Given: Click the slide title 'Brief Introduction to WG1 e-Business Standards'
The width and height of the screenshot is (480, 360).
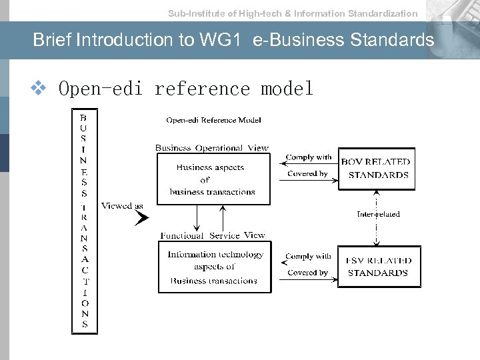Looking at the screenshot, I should pos(233,40).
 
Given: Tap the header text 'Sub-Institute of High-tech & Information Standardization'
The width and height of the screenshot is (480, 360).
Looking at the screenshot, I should pos(293,13).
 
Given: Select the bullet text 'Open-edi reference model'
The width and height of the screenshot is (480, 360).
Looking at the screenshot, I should pos(186,89).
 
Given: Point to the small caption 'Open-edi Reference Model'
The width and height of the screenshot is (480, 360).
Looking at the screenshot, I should pos(213,120).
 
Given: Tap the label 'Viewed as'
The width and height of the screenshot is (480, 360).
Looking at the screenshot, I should pos(122,206).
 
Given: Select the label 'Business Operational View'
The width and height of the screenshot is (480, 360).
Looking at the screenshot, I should pos(211,148).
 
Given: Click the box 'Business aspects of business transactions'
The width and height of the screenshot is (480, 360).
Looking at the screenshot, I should pos(214,179).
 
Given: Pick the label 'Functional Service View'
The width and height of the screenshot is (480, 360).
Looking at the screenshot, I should pos(212,235).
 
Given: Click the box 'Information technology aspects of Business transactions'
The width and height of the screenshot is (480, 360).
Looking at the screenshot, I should pos(215,267).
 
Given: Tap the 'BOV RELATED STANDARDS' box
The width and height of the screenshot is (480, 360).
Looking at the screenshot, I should pos(376,169).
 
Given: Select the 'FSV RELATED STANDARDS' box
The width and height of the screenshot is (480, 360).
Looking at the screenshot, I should pos(379,267).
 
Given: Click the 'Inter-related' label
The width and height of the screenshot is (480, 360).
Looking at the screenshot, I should pos(378,214).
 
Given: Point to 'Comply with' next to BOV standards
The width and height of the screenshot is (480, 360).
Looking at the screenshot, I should pos(308,157).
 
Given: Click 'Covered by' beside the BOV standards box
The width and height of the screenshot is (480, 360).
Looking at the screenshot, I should pos(307,174).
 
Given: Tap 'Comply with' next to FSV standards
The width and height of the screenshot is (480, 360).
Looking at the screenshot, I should pos(308,256).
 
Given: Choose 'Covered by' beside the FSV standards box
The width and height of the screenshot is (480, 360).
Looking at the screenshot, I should pos(307,273).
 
